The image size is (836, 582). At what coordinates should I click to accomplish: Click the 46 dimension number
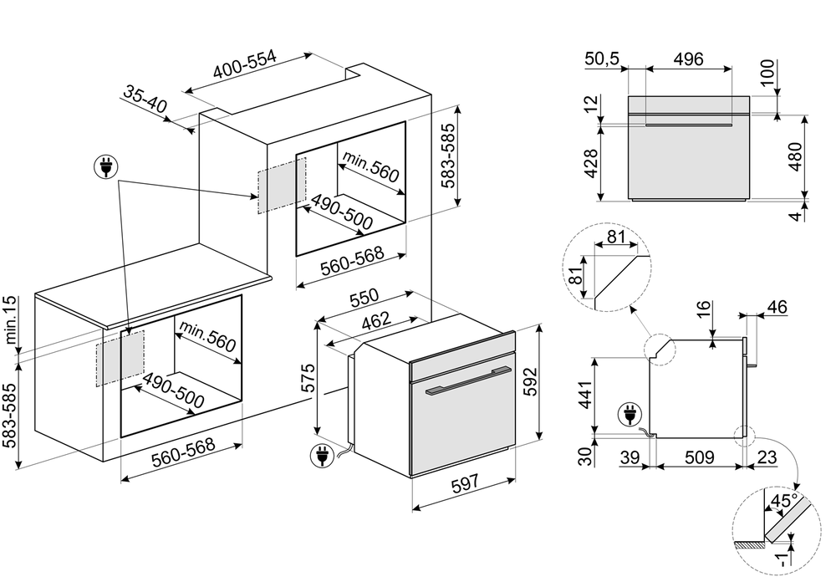coord(777,307)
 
